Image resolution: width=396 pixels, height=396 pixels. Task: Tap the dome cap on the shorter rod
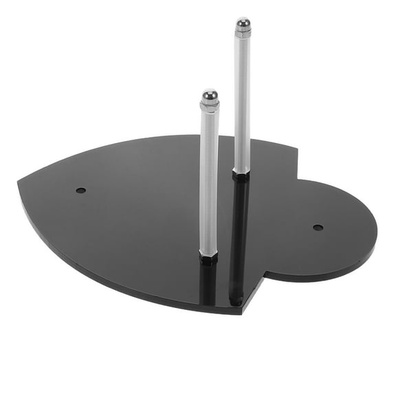[210, 94]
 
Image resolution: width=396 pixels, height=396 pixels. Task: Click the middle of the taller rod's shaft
[241, 103]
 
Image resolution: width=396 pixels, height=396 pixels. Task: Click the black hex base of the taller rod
[241, 175]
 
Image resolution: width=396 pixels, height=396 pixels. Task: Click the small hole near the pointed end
[80, 189]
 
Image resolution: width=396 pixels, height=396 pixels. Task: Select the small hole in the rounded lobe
[318, 227]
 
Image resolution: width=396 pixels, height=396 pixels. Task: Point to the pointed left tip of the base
[20, 182]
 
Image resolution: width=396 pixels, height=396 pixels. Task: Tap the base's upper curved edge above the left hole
[103, 151]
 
